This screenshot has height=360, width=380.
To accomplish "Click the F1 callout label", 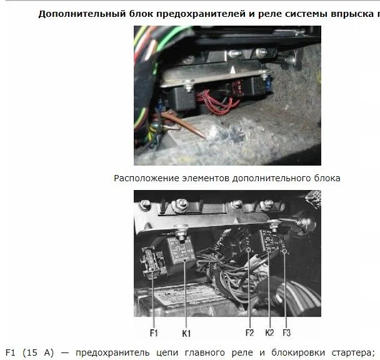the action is click(154, 333).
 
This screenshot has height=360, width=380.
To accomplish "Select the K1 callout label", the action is click(186, 334).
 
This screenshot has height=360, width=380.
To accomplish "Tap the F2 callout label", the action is click(249, 332).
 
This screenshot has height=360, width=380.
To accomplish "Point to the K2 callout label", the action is click(269, 332).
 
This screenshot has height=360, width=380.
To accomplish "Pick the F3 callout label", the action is click(286, 332).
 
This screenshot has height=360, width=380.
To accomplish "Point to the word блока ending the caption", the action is click(327, 178).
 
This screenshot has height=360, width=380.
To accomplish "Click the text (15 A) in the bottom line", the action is click(38, 352).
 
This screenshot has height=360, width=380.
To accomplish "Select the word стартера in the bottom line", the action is click(353, 353).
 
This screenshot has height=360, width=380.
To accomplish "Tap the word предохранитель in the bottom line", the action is click(112, 353).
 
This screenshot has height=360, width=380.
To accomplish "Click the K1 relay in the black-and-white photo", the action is click(181, 251).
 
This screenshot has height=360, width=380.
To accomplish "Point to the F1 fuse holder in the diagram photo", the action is click(152, 262).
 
